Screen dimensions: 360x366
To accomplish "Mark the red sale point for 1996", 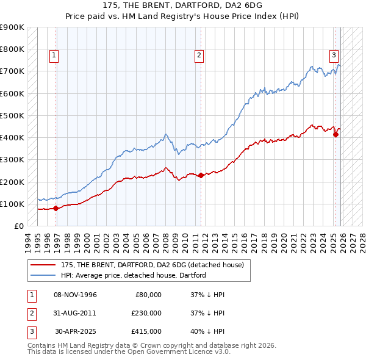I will [x=56, y=208].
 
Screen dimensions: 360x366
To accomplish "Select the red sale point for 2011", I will [x=201, y=175].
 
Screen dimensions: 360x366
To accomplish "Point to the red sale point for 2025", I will [x=335, y=134].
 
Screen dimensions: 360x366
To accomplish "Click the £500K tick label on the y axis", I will [x=12, y=115].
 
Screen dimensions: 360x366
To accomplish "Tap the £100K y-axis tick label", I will [x=12, y=204].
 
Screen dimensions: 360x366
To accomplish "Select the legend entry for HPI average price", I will [x=133, y=275].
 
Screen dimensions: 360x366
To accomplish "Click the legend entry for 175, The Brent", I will [x=152, y=265].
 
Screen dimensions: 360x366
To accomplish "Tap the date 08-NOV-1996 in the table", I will [x=75, y=295].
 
